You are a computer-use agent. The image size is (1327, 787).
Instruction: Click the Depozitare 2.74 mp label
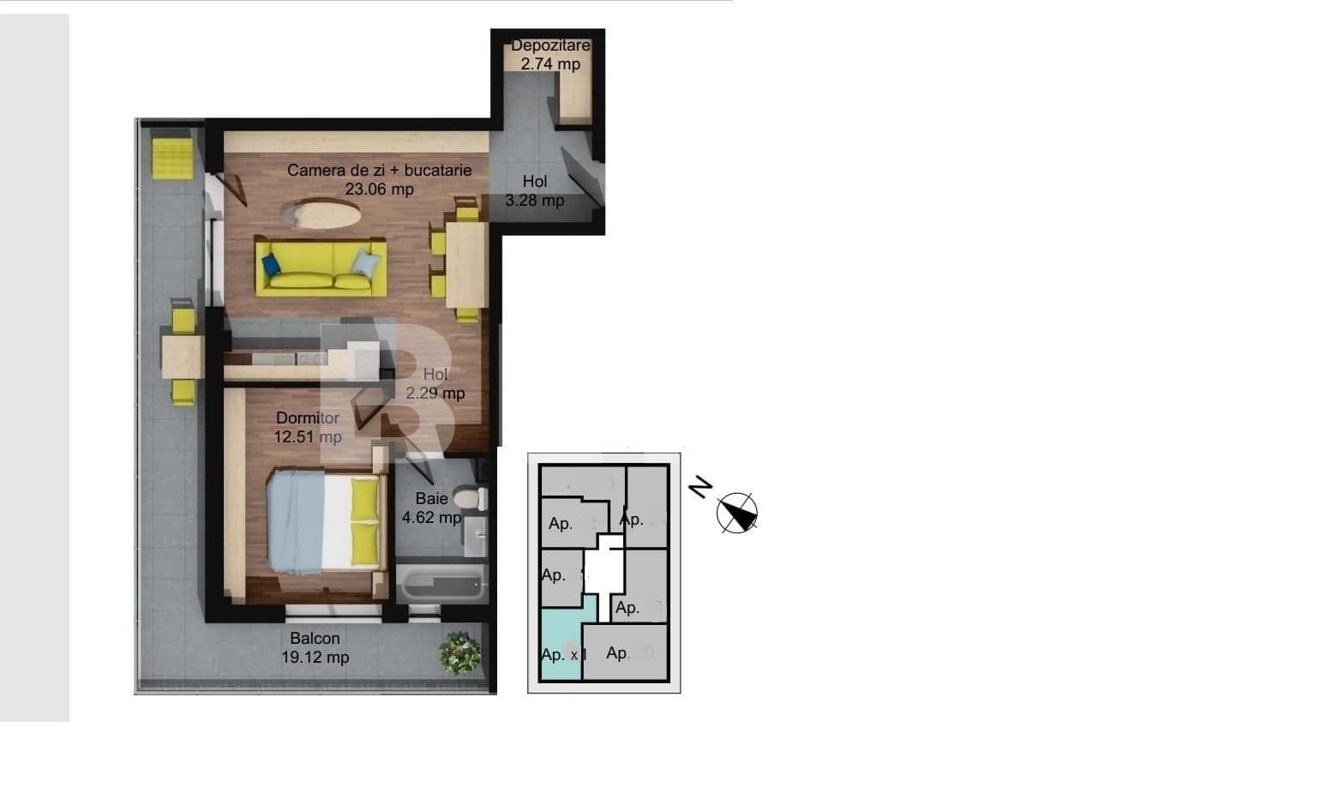point(550,55)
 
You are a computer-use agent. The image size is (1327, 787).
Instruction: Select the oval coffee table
point(321,213)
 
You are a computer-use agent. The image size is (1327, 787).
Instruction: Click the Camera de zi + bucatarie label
point(379,179)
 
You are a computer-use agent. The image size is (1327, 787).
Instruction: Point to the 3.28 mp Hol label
point(535,191)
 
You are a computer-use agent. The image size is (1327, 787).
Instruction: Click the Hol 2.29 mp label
point(435,384)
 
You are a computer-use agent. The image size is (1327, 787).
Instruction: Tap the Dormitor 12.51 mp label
point(308,427)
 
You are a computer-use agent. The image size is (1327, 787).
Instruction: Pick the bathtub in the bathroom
point(441,585)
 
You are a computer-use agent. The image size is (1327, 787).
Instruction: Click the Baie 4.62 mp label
point(431,508)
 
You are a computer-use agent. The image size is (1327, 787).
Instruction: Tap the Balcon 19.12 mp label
point(315,648)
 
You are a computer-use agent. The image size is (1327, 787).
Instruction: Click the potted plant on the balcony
point(460,653)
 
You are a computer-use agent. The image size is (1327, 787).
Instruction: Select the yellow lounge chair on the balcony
point(172,158)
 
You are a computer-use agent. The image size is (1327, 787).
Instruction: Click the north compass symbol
point(737,513)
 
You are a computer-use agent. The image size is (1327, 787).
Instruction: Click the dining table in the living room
point(466,264)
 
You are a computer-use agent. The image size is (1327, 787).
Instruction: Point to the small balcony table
point(182,356)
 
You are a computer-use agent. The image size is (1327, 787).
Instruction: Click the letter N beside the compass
point(700,488)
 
